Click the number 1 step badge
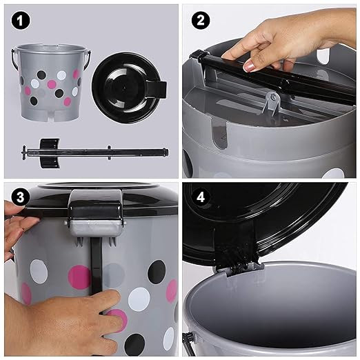[21, 21]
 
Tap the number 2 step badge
[201, 21]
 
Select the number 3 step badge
[21, 197]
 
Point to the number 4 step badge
[201, 197]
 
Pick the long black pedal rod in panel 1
[95, 152]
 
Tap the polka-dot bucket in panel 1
[51, 82]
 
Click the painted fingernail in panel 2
[249, 67]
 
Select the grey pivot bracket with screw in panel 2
[271, 103]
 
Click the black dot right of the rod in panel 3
[157, 272]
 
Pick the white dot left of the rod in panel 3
[39, 271]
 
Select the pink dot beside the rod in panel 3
[79, 277]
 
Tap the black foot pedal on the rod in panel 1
[50, 153]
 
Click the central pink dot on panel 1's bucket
[52, 84]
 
